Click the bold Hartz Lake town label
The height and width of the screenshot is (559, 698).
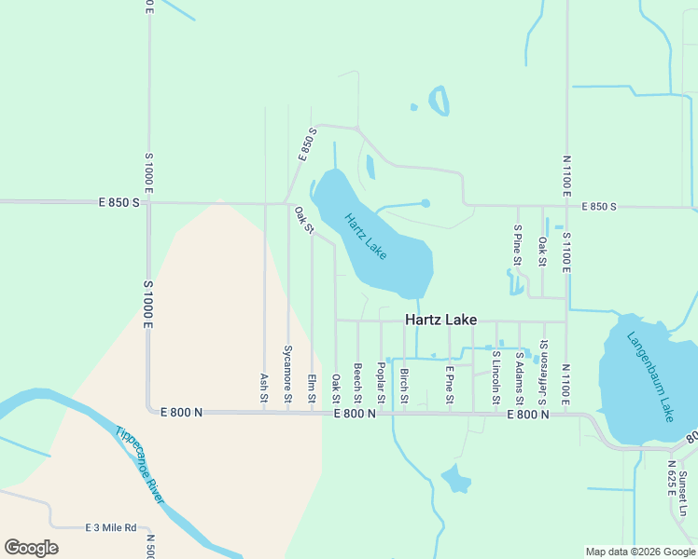point(441,320)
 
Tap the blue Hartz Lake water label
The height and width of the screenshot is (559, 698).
point(365,237)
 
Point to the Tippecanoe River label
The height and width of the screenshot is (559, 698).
point(140,465)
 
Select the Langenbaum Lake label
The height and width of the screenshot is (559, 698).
point(649,376)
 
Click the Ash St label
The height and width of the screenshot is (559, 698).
point(264,389)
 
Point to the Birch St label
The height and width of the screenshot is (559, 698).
point(404,386)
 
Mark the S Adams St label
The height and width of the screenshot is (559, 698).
point(520,376)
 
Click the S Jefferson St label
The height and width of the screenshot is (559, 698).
point(542,372)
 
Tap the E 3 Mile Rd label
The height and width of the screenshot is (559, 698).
point(111,527)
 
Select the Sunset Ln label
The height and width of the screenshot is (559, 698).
point(683,491)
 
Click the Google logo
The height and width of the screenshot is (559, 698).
point(31,548)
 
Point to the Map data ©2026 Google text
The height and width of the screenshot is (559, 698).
point(640,552)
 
